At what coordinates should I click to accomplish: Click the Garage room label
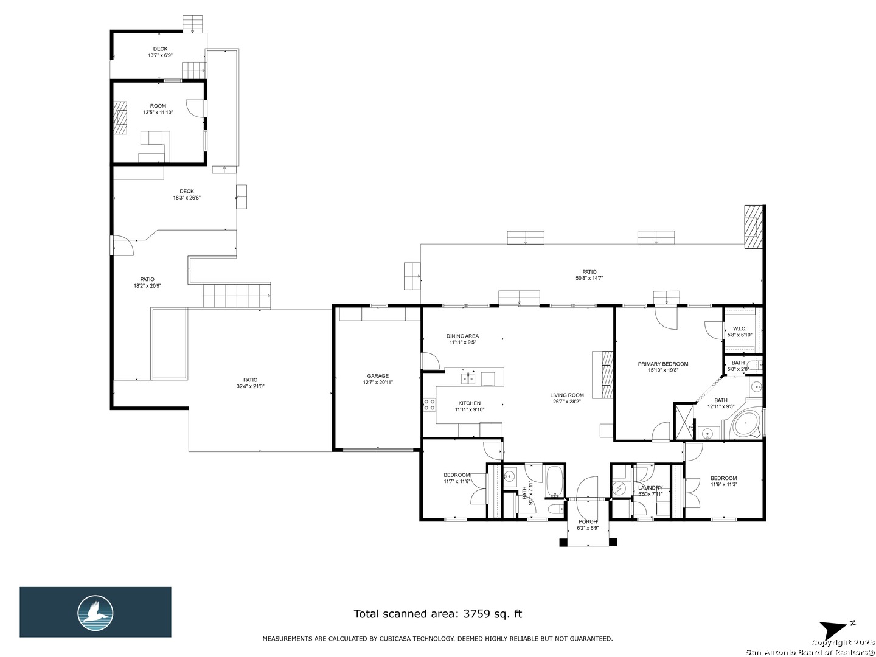(378, 376)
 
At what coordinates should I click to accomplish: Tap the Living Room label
(566, 395)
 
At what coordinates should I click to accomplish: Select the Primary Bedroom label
(662, 364)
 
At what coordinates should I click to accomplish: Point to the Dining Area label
(462, 336)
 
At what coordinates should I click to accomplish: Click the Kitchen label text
(469, 403)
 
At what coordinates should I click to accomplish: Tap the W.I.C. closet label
(739, 328)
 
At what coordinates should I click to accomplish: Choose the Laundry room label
(650, 488)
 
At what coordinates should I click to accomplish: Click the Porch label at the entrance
(588, 522)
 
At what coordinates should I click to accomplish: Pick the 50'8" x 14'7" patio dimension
(589, 279)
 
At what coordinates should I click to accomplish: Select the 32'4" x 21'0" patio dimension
(250, 386)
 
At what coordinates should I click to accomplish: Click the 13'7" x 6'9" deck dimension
(160, 55)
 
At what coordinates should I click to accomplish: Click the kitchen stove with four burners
(429, 404)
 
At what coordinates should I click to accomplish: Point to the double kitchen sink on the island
(468, 378)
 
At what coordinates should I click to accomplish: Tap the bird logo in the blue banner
(96, 613)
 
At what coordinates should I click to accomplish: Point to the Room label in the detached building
(158, 106)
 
